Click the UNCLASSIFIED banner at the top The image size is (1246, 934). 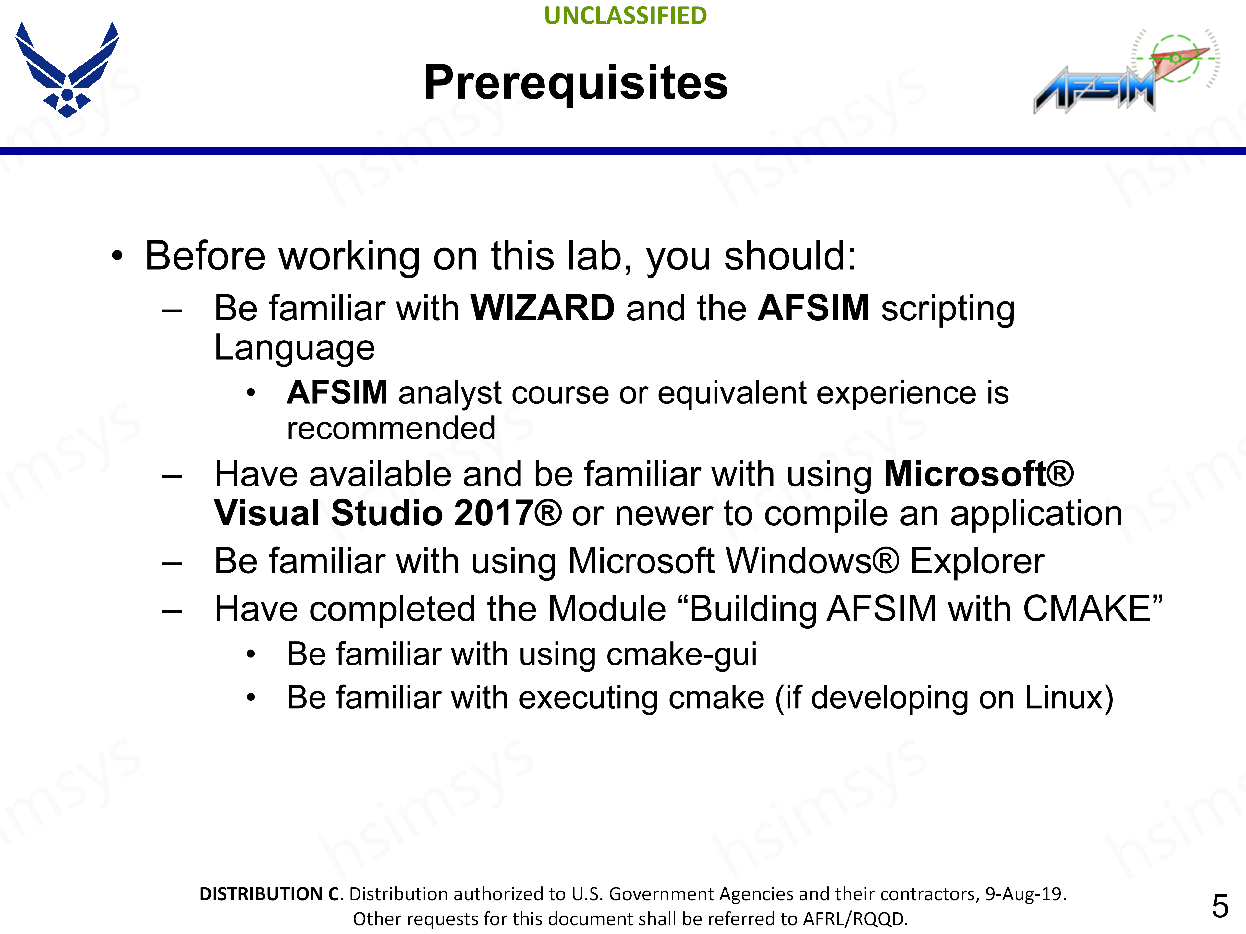click(625, 16)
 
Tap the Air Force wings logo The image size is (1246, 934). click(67, 70)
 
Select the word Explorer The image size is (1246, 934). click(977, 562)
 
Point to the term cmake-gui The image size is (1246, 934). click(682, 655)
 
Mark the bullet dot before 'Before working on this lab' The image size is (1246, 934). click(116, 257)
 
